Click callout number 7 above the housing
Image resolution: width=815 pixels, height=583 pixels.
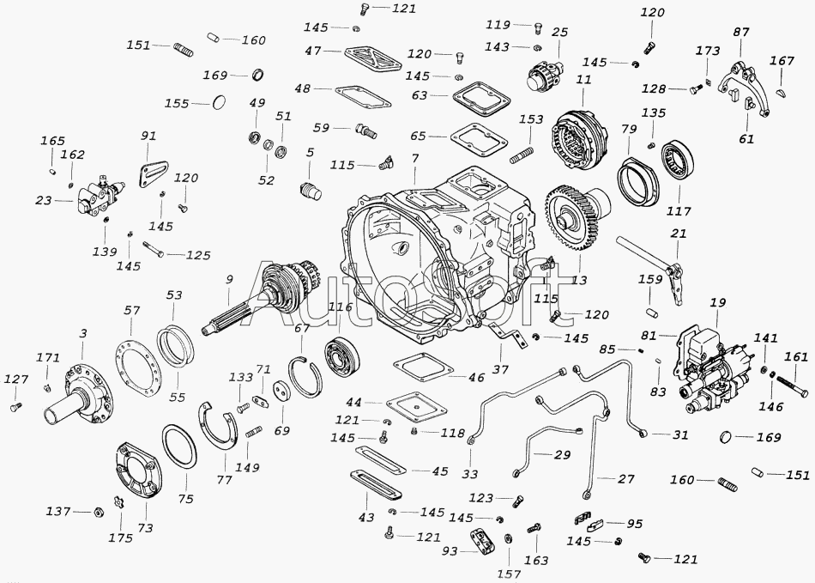point(414,158)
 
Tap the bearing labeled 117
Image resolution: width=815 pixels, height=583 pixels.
point(679,161)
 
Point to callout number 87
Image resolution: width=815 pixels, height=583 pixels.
point(740,32)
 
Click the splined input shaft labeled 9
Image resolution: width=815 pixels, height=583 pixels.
point(256,301)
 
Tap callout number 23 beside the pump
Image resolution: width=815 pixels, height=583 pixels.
point(44,200)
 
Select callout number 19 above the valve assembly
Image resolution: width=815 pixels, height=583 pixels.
point(718,303)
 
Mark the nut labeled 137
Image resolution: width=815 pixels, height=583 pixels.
point(96,513)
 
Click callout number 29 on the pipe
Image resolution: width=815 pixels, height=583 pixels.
point(562,454)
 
